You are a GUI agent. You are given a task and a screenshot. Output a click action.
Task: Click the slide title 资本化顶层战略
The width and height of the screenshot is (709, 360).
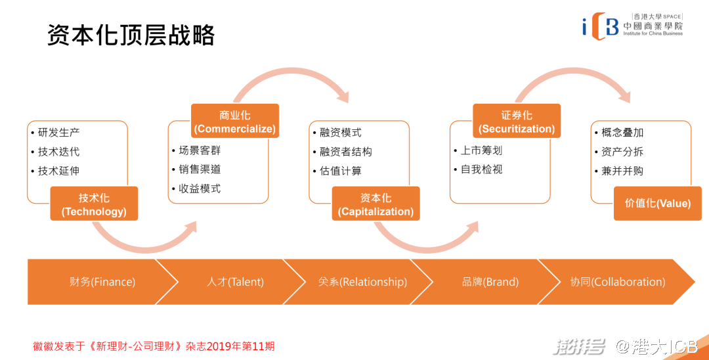[131, 35]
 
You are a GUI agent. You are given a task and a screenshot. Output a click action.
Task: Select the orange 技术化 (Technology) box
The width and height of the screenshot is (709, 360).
[94, 204]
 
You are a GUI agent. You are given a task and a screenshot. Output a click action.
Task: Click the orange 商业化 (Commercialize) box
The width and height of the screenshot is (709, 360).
[235, 122]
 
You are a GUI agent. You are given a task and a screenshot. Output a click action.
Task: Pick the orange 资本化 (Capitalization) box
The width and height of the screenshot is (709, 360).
[376, 204]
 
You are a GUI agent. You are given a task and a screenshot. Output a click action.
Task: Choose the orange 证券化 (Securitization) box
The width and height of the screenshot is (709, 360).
[517, 122]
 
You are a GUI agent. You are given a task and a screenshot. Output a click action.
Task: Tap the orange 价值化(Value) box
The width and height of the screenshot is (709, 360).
[658, 204]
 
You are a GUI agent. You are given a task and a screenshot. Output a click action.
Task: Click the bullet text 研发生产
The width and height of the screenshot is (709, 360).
[58, 132]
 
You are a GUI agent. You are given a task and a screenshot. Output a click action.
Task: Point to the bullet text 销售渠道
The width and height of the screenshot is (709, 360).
[200, 169]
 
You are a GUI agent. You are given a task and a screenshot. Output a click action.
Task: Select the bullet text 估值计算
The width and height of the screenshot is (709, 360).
[340, 171]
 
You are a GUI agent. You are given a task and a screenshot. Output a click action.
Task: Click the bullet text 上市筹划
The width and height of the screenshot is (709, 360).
[481, 150]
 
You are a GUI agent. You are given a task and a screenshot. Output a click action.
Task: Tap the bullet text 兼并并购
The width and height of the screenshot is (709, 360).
[622, 171]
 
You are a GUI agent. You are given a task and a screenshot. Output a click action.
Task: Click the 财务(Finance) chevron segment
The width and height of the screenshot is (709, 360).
[98, 282]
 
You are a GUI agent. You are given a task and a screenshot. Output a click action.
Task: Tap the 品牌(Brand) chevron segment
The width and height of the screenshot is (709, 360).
[486, 282]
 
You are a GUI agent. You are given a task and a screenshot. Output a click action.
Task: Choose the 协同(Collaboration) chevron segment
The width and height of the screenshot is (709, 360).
[617, 282]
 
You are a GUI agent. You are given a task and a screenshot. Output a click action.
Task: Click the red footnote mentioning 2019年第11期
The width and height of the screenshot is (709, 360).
[154, 346]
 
